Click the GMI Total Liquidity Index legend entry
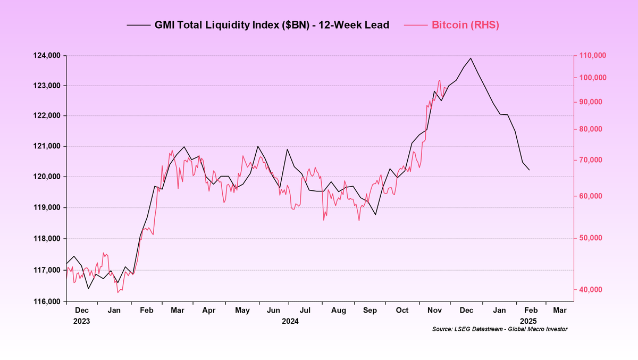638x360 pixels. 271,25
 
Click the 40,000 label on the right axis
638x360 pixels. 589,290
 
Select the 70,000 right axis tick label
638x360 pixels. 589,160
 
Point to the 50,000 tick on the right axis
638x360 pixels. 589,238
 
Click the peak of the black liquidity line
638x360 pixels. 471,58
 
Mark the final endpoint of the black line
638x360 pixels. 530,170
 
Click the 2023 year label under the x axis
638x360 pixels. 82,321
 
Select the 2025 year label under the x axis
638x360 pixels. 528,321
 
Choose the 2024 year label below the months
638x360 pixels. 290,321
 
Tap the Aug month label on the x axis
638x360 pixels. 338,309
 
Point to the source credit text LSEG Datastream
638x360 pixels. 500,330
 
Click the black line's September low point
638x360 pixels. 376,215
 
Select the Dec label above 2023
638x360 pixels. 82,309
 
